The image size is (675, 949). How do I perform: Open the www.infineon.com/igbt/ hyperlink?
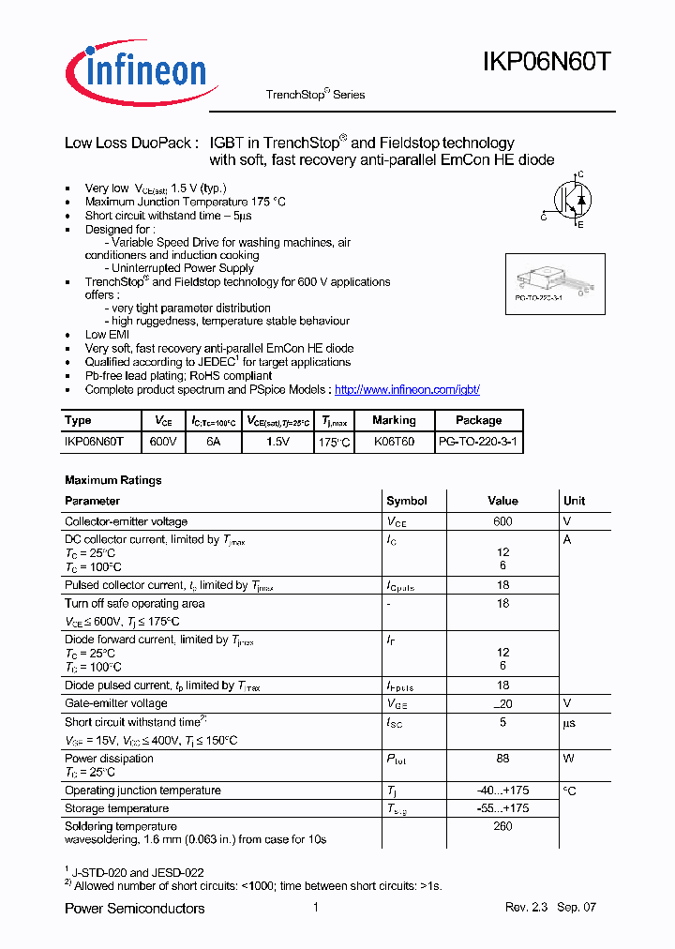[x=407, y=389]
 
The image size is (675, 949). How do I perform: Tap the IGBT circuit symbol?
[x=568, y=199]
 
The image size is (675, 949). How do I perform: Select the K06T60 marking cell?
[x=394, y=441]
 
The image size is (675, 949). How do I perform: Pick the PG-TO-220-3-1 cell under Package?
[x=478, y=441]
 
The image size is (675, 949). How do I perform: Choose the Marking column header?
[x=394, y=420]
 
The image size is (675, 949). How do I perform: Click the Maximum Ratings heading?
[x=112, y=480]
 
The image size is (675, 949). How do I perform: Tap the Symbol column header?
[x=407, y=501]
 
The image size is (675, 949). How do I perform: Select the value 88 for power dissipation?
[x=502, y=759]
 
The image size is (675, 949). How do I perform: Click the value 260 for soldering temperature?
[x=502, y=826]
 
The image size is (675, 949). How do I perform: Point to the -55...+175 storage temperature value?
[x=502, y=808]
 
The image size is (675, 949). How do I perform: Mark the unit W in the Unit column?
[x=568, y=759]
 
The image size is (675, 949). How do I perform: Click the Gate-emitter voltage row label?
[x=116, y=703]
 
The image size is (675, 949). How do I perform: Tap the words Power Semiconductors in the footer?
[x=134, y=908]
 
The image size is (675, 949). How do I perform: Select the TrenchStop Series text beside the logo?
[x=315, y=95]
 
